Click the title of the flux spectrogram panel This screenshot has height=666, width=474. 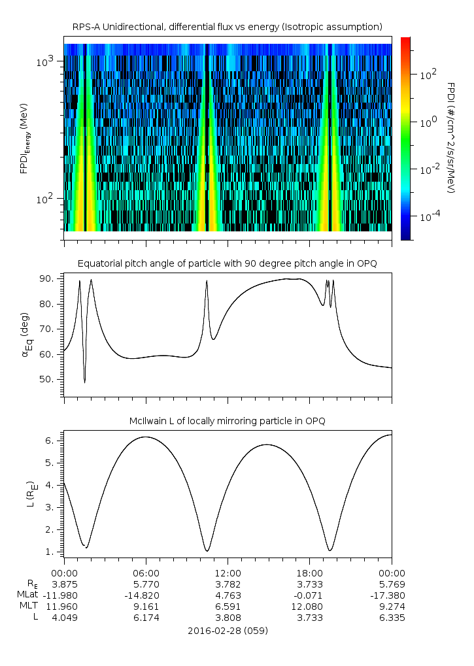[228, 26]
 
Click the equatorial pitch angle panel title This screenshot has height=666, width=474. [228, 263]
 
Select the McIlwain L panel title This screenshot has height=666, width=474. [228, 421]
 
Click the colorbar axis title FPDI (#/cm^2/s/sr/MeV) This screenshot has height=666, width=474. [451, 138]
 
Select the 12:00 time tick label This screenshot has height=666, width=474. [228, 573]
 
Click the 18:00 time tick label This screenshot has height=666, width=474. [309, 573]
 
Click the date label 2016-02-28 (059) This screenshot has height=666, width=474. [228, 631]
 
